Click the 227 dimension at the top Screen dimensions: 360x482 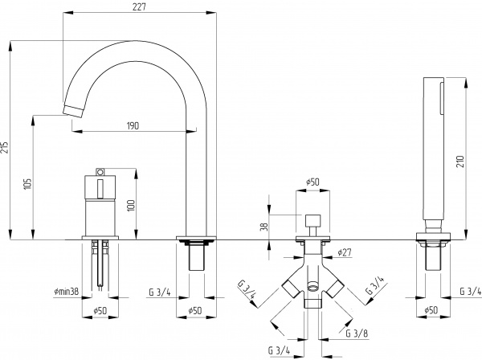point(141,8)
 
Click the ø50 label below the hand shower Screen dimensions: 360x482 point(431,310)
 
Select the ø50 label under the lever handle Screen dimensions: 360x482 point(100,310)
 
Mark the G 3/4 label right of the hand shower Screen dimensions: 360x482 point(470,291)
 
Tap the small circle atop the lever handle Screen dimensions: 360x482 point(100,171)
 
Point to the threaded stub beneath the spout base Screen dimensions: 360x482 point(196,258)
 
